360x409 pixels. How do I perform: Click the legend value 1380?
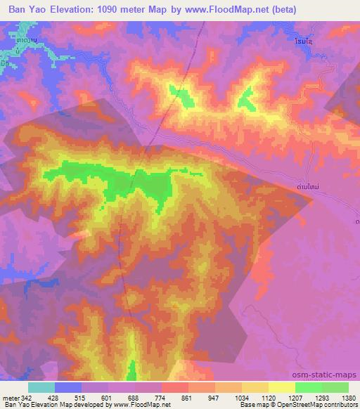[348, 397]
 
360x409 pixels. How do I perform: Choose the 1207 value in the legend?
[295, 397]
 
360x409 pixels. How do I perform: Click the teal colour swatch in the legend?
[41, 387]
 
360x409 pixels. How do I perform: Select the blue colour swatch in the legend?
[68, 387]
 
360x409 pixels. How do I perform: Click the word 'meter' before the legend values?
[11, 397]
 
